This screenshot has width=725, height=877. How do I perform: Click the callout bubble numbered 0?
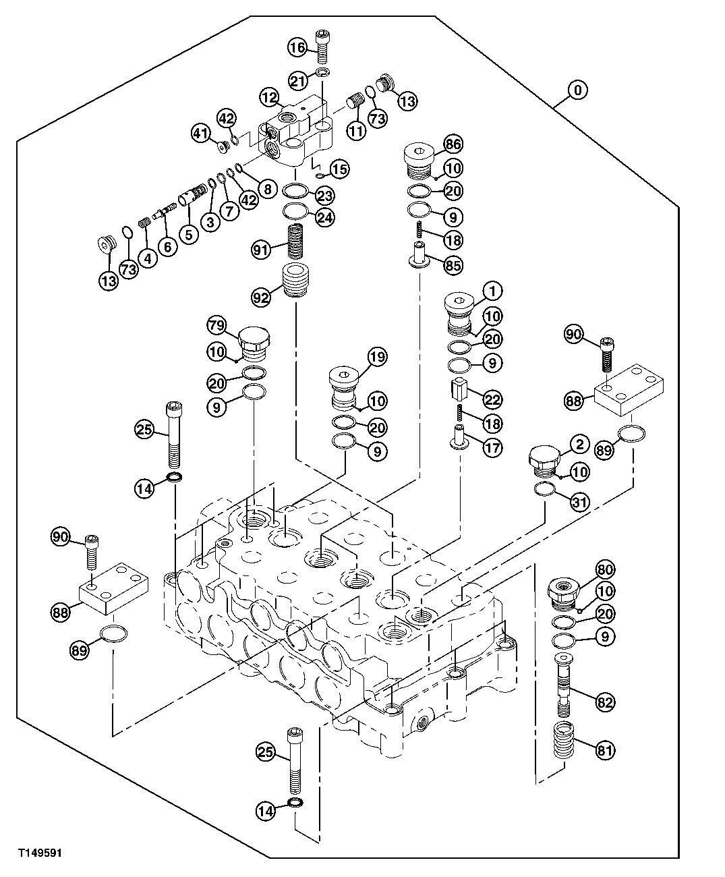pyautogui.click(x=578, y=89)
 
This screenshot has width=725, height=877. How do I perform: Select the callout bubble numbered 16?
pyautogui.click(x=297, y=47)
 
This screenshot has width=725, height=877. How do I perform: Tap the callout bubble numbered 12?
pyautogui.click(x=270, y=98)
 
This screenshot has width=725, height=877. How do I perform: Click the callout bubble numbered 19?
pyautogui.click(x=376, y=357)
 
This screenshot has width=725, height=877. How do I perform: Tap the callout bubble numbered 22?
pyautogui.click(x=493, y=399)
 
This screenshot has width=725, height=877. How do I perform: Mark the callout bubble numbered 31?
pyautogui.click(x=579, y=501)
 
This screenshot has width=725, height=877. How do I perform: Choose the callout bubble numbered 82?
pyautogui.click(x=605, y=702)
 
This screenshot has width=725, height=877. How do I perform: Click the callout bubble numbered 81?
pyautogui.click(x=605, y=748)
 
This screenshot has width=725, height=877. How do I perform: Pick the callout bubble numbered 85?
pyautogui.click(x=453, y=266)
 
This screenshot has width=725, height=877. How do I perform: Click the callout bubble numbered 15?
pyautogui.click(x=339, y=169)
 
